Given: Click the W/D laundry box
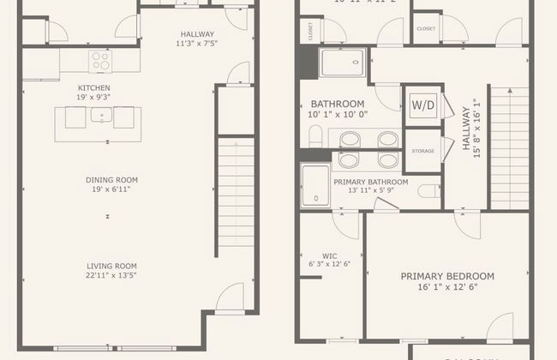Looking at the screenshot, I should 422,105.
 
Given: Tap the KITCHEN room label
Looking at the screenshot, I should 94,87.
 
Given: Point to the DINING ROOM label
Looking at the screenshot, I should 111,179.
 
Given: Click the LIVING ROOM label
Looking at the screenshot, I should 111,265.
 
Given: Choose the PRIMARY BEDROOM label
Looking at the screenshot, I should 447,276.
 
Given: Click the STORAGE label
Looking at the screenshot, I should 422,151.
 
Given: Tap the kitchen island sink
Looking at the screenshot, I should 102,117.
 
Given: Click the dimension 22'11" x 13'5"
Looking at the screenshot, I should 111,275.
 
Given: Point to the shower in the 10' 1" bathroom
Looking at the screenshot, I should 342,63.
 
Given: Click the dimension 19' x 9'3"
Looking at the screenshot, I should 94,97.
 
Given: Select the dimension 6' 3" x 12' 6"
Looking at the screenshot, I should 329,264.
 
